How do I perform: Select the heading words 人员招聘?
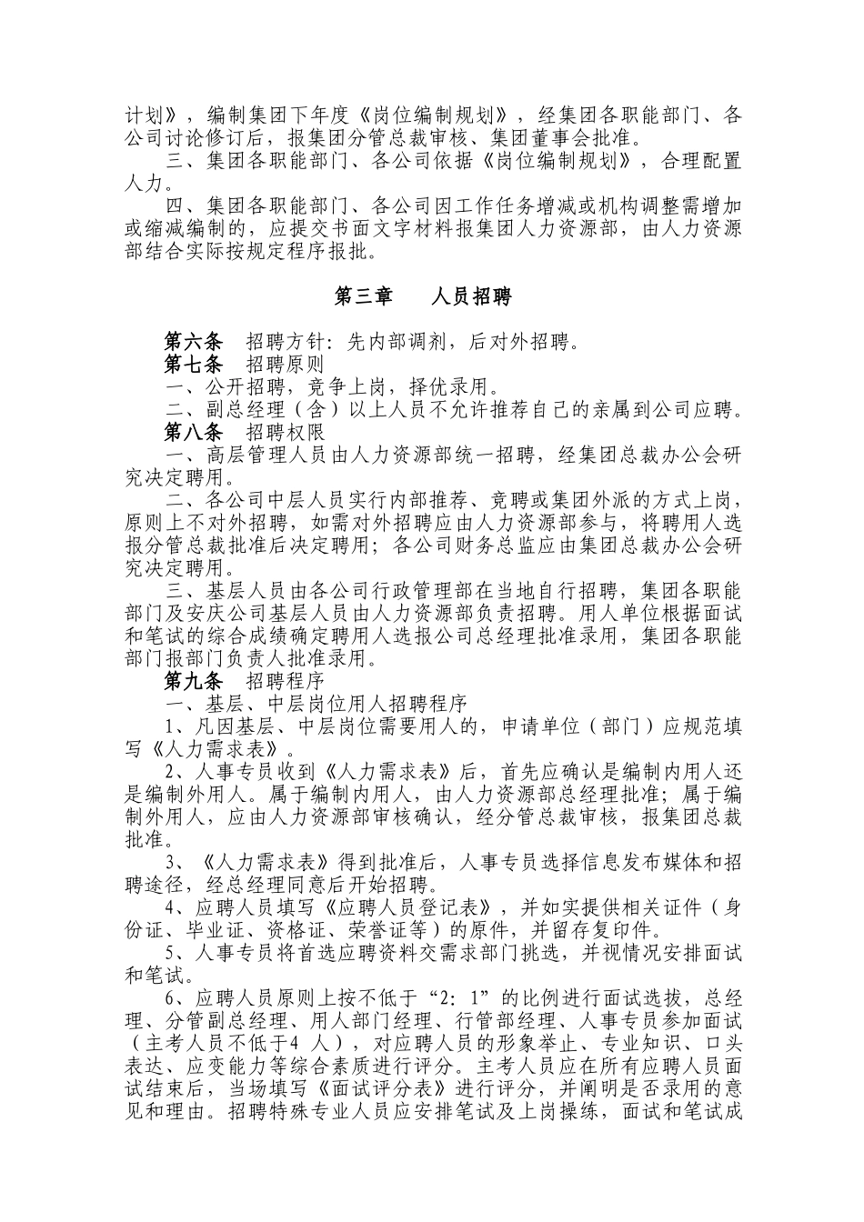pyautogui.click(x=472, y=297)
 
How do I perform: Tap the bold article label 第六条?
pyautogui.click(x=193, y=343)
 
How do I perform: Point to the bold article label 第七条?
pyautogui.click(x=193, y=366)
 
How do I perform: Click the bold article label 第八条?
pyautogui.click(x=193, y=432)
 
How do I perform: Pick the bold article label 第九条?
pyautogui.click(x=193, y=681)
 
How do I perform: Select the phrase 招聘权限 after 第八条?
pyautogui.click(x=285, y=432)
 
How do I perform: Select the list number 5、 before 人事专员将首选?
pyautogui.click(x=175, y=953)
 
